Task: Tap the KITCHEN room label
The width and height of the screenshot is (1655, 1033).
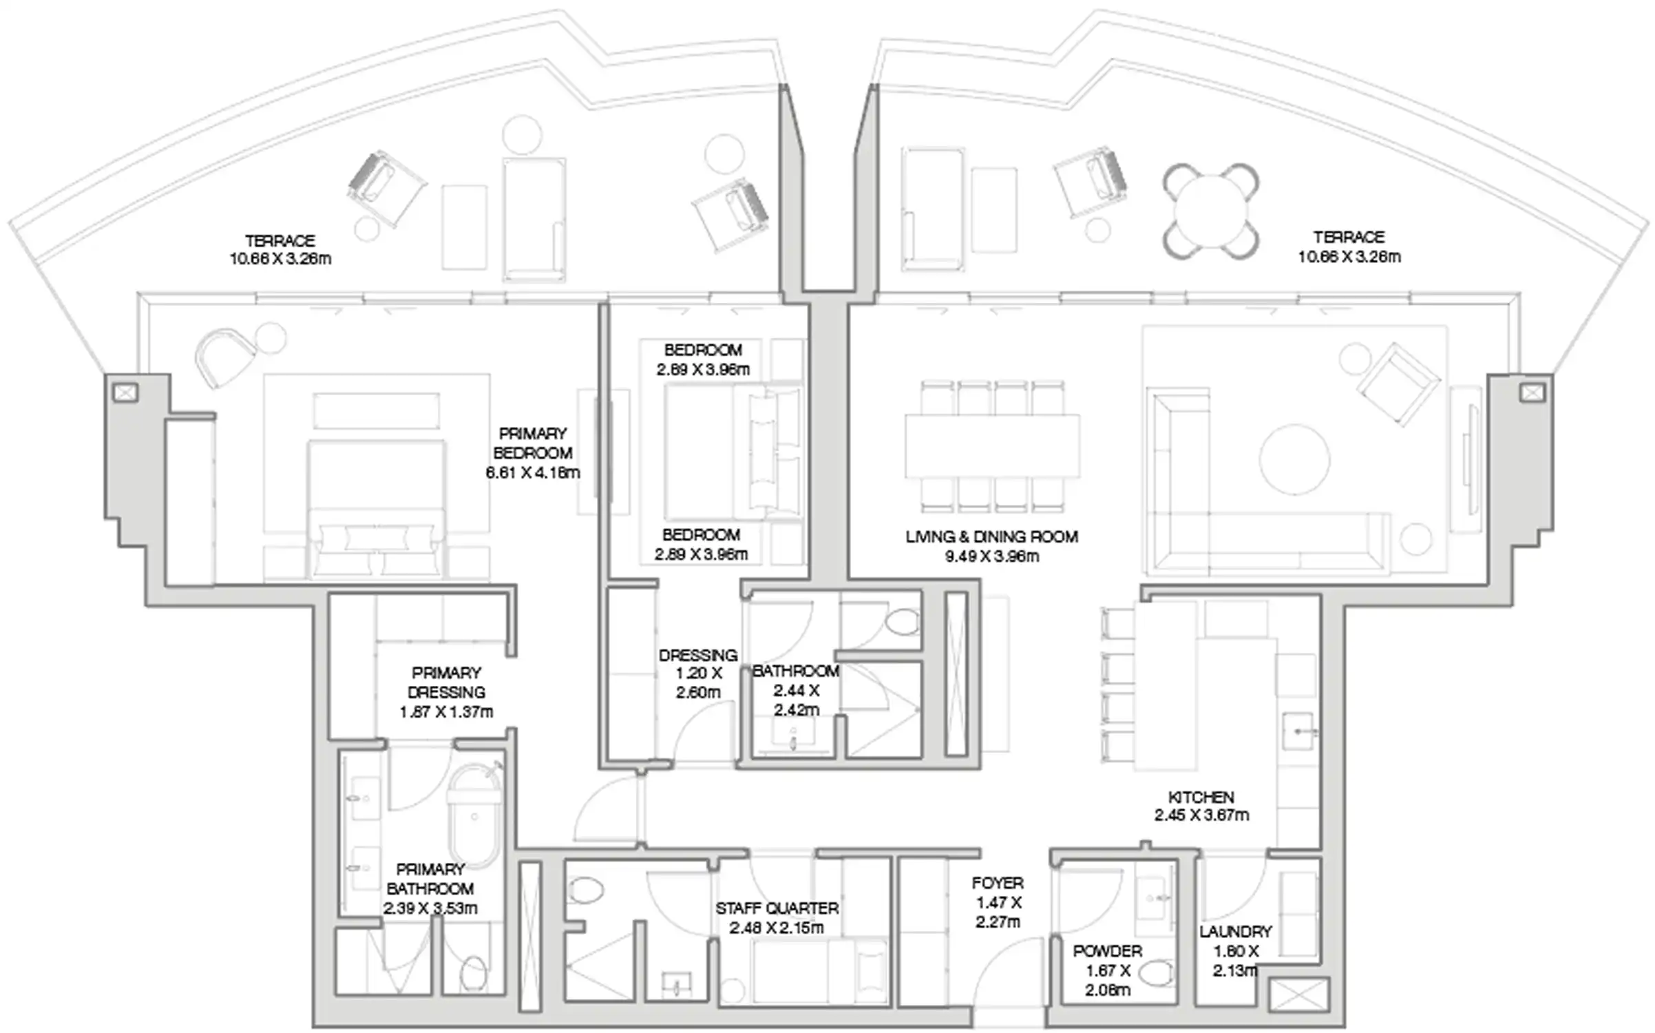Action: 1201,797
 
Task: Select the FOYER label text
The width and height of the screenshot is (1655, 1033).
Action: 998,883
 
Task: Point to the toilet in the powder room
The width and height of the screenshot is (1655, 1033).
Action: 1155,974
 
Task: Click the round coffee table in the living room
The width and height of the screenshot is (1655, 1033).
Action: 1294,459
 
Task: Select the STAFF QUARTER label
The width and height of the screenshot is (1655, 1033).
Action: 777,908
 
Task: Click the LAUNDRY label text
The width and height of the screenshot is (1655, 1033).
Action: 1235,932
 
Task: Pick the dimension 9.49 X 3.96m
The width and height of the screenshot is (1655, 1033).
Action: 991,556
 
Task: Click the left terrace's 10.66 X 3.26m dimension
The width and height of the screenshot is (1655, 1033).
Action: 280,260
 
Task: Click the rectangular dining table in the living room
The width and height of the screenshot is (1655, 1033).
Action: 992,446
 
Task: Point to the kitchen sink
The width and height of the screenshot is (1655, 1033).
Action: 1298,731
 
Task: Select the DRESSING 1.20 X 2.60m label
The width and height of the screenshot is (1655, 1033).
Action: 697,674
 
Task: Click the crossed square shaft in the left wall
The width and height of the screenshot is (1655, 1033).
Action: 125,393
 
